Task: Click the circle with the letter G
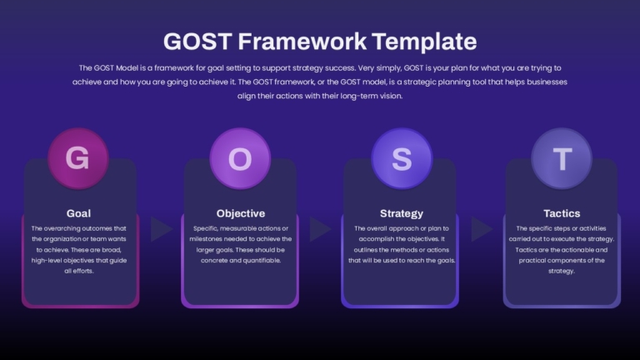[78, 158]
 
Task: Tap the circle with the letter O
[240, 158]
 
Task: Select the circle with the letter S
[402, 158]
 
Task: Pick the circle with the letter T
[562, 158]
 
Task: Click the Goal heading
[79, 213]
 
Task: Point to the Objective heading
[240, 213]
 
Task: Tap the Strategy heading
[402, 213]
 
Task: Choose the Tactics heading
[562, 213]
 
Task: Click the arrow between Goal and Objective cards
[160, 229]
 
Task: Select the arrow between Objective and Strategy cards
[320, 229]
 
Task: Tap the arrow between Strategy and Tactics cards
[481, 229]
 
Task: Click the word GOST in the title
[198, 41]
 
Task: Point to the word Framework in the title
[302, 41]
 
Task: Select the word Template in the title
[424, 42]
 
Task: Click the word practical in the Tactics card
[533, 260]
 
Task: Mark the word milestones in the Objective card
[205, 239]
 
